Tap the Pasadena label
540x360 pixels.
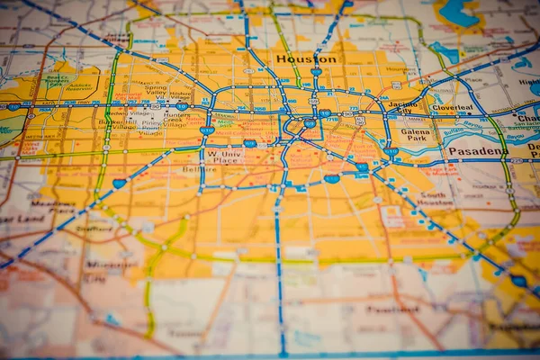(474, 152)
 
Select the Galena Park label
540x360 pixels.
(416, 136)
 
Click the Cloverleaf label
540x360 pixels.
(452, 108)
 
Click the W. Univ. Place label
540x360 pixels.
(223, 157)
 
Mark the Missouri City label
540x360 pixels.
(105, 269)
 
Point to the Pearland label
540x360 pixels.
(393, 309)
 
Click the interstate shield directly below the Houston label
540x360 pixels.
(316, 72)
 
